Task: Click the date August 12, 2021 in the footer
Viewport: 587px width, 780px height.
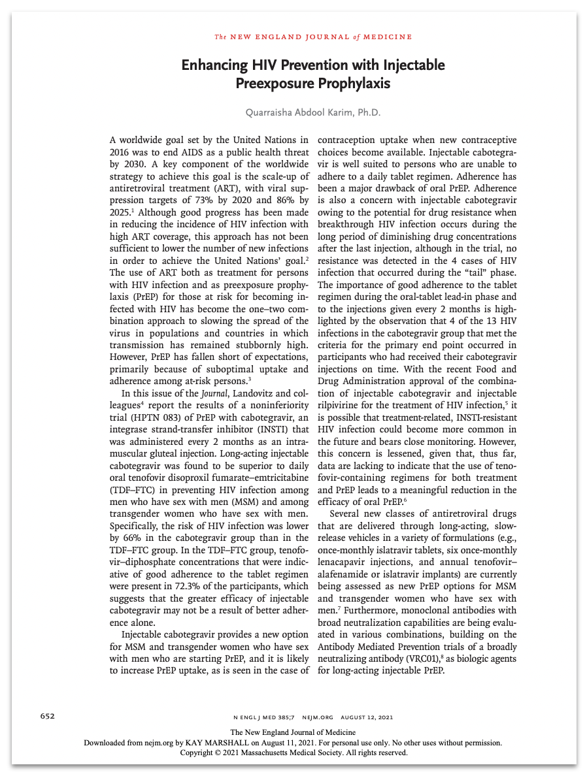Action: (x=369, y=716)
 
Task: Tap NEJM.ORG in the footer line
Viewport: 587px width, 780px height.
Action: (x=315, y=716)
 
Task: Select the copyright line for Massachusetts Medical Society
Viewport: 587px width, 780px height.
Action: (x=293, y=753)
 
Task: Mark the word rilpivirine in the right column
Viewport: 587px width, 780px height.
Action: (x=339, y=406)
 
